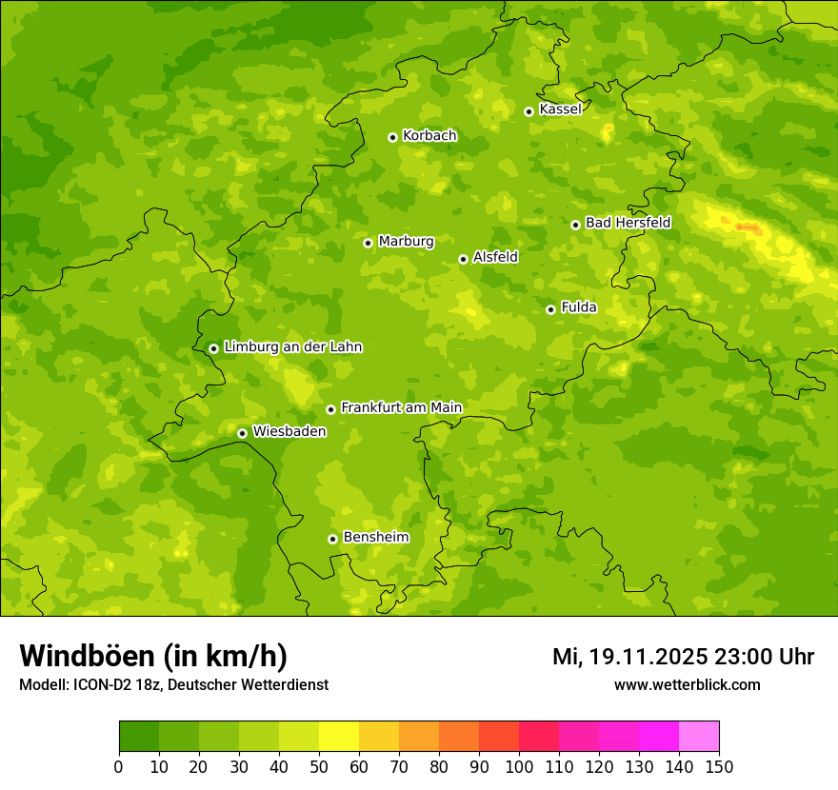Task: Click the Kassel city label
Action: tap(560, 109)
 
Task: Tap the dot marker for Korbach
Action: tap(392, 137)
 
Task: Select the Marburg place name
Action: tap(406, 242)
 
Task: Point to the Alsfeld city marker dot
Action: tap(463, 259)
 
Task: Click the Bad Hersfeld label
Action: tap(628, 223)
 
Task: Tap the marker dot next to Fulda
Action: tap(550, 309)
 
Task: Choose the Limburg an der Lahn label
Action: tap(292, 347)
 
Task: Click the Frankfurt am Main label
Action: tap(401, 407)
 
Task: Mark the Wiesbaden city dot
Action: tap(242, 433)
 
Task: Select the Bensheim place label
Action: tap(375, 537)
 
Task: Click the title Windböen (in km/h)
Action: tap(153, 657)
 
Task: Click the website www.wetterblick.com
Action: tap(687, 684)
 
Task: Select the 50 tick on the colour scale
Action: tap(319, 766)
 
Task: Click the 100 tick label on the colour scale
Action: tap(519, 766)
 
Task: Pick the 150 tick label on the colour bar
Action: tap(719, 766)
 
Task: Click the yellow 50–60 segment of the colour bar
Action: tap(339, 737)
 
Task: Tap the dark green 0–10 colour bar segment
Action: tap(139, 737)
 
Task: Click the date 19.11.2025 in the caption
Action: tap(648, 657)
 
